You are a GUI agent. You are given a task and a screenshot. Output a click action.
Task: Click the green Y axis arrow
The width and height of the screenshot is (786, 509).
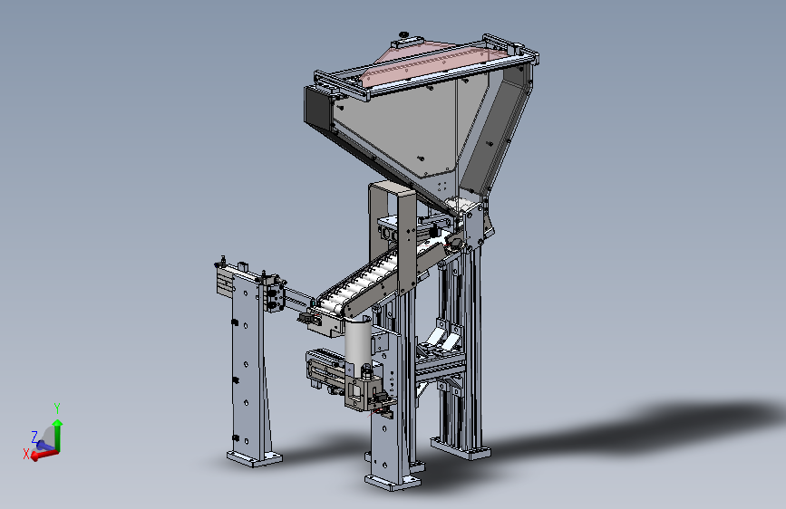[58, 435]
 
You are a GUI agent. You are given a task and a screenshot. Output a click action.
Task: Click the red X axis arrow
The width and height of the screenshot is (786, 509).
[44, 455]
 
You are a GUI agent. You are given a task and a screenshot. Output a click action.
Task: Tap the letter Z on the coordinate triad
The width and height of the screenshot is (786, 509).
[34, 437]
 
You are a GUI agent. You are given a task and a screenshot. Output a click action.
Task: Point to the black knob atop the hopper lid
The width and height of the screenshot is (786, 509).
[403, 34]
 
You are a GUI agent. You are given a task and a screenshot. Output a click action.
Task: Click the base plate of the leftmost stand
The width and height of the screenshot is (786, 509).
[254, 458]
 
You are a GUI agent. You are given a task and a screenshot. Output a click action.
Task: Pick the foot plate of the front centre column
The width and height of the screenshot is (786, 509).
[393, 482]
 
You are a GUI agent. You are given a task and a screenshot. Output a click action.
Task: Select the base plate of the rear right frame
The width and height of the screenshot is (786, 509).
[461, 448]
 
